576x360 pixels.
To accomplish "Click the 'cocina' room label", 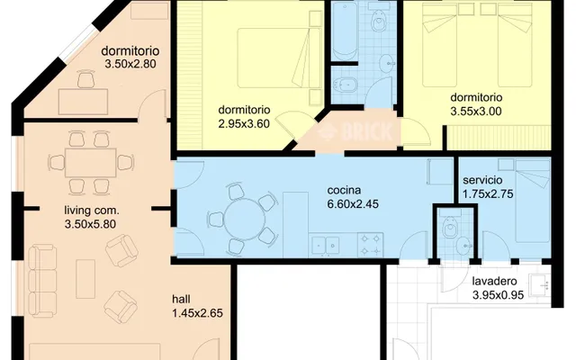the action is pyautogui.click(x=344, y=190).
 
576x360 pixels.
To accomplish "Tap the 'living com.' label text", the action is pyautogui.click(x=92, y=211).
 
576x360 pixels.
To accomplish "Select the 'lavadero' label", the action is pyautogui.click(x=494, y=282).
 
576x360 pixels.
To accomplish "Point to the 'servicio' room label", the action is pyautogui.click(x=482, y=180).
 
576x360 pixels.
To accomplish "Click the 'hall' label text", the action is pyautogui.click(x=181, y=299).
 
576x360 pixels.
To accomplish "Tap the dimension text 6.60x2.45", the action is pyautogui.click(x=353, y=204).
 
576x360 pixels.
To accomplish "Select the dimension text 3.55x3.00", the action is pyautogui.click(x=476, y=112).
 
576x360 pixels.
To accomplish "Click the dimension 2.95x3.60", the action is pyautogui.click(x=244, y=124).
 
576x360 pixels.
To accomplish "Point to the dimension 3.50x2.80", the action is pyautogui.click(x=130, y=64).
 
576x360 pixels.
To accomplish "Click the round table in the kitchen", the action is pyautogui.click(x=244, y=220).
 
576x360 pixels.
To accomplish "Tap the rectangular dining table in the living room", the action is pyautogui.click(x=91, y=163).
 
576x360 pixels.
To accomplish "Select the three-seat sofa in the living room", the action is pyautogui.click(x=42, y=281).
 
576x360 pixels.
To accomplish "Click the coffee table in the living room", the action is pyautogui.click(x=85, y=279).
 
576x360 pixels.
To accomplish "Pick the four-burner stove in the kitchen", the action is pyautogui.click(x=370, y=245).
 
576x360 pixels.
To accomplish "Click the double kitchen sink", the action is pyautogui.click(x=326, y=246).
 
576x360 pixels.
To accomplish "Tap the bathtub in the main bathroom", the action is pyautogui.click(x=345, y=31).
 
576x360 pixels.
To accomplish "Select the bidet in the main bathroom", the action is pyautogui.click(x=346, y=85).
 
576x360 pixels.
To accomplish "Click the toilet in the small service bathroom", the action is pyautogui.click(x=450, y=226).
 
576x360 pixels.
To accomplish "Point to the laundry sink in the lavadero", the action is pyautogui.click(x=539, y=286).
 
